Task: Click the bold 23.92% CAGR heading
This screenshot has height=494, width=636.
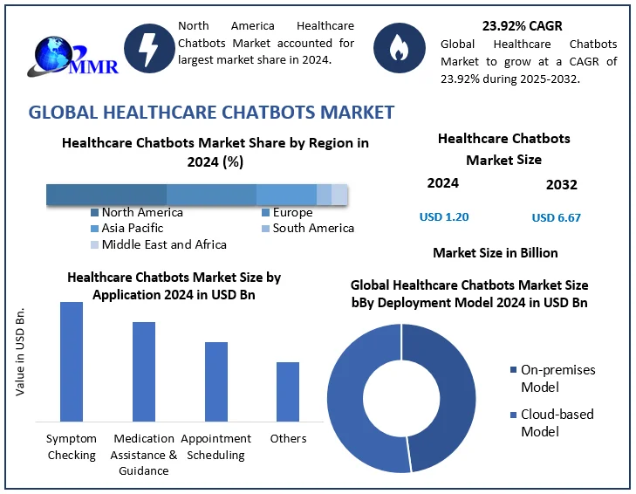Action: point(523,25)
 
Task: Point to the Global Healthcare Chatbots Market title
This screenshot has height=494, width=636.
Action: point(211,112)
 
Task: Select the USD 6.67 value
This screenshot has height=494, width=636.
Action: point(557,217)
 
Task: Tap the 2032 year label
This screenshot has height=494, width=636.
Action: point(561,184)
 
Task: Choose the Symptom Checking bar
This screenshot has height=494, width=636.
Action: point(72,361)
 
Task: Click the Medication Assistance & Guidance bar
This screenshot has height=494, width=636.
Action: point(144,371)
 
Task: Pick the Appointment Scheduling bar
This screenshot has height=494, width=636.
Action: point(216,381)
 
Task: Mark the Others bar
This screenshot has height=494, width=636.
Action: point(288,391)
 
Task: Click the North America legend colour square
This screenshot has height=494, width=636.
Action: point(94,212)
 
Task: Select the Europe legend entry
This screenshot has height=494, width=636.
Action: point(291,212)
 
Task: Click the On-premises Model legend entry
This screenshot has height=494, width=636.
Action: point(557,378)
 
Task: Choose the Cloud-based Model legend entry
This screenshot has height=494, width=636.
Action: point(557,422)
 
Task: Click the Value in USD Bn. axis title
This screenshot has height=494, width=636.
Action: point(20,352)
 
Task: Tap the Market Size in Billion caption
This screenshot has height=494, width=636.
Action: point(495,252)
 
